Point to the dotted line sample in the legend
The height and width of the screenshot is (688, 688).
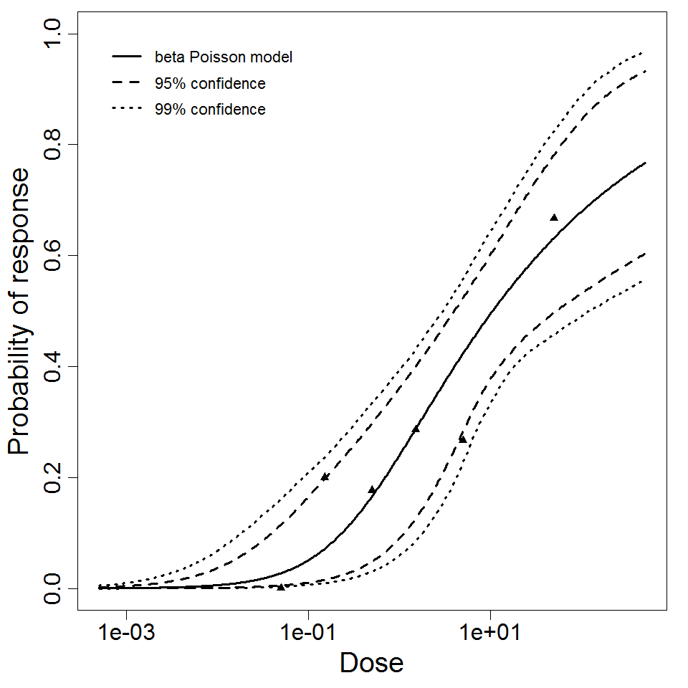tap(126, 110)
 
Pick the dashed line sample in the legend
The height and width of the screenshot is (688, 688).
tap(126, 84)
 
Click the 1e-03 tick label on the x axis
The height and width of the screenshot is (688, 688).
tap(127, 635)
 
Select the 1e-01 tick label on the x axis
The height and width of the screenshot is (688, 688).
tap(308, 635)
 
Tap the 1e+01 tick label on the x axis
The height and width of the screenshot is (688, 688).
tap(490, 635)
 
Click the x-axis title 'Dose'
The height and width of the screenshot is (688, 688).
tap(371, 663)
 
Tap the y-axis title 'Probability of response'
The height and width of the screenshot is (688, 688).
tap(19, 312)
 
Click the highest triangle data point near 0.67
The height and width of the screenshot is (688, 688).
tap(554, 217)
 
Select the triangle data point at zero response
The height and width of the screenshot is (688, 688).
tap(281, 587)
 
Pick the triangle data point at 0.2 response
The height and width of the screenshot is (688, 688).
tap(325, 477)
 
